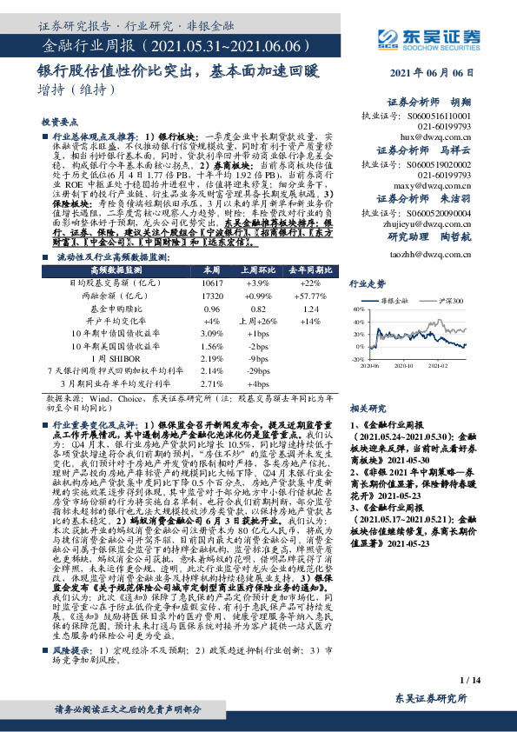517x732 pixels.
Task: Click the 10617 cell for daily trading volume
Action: coord(211,283)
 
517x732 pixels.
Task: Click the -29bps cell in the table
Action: coord(258,369)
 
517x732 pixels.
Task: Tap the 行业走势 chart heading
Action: coord(367,284)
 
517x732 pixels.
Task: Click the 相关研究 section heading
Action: coord(367,407)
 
